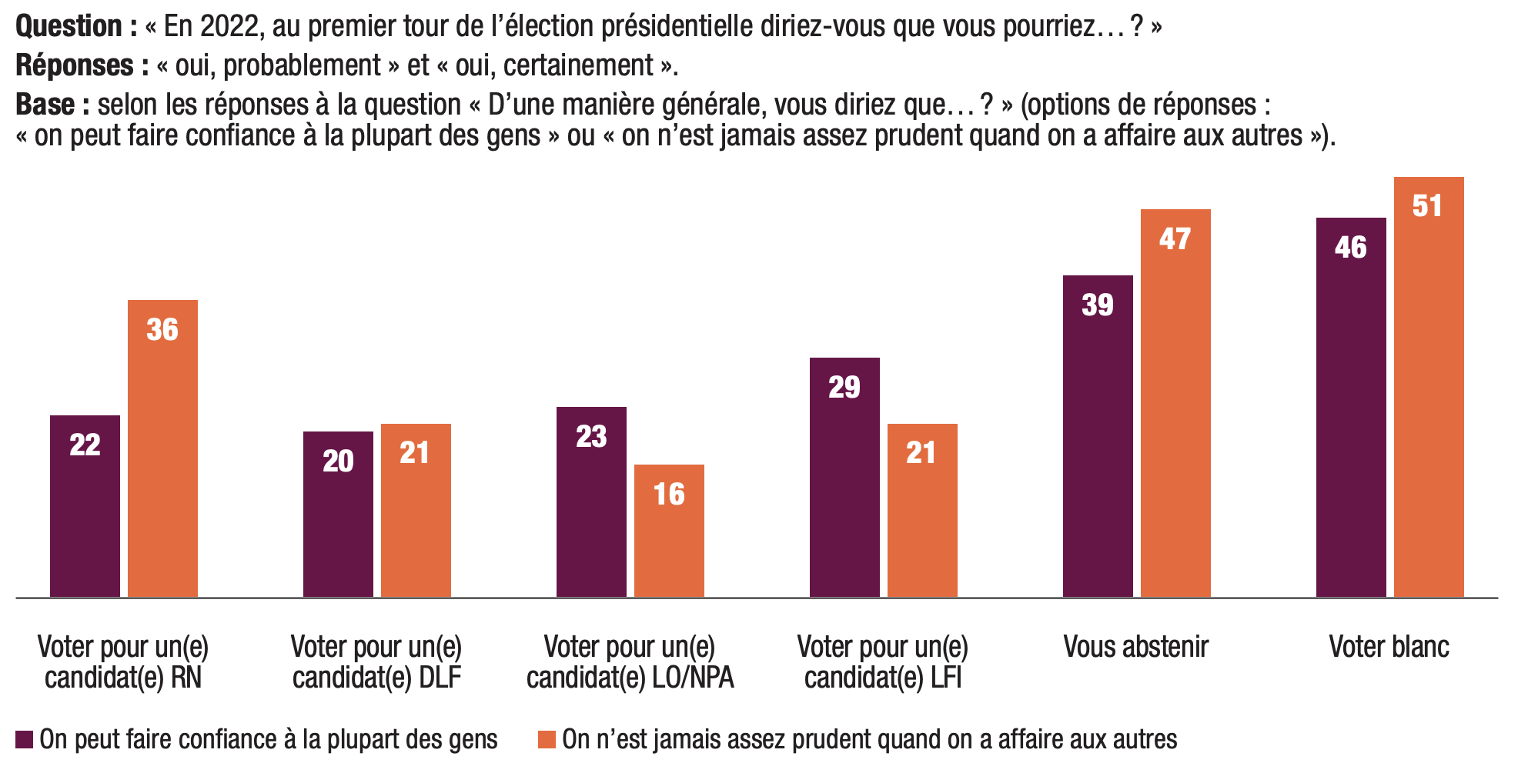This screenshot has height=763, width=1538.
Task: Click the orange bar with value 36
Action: pos(162,448)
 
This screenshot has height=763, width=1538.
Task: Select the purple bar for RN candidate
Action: pos(85,505)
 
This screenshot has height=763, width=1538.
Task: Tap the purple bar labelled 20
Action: pos(338,514)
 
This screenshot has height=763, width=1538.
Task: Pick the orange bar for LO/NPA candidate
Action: pos(669,530)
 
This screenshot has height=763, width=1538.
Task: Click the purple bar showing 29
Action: pos(844,477)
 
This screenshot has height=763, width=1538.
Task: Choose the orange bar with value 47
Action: pos(1175,402)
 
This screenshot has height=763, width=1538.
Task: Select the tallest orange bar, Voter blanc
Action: pos(1429,386)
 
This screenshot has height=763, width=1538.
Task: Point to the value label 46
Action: pos(1351,248)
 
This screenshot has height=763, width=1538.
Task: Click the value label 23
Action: pos(591,437)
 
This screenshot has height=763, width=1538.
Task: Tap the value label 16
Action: pos(669,495)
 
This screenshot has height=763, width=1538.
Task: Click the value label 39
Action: pos(1098,305)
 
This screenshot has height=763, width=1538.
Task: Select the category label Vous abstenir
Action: pos(1135,647)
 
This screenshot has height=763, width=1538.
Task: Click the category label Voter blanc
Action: pos(1389,647)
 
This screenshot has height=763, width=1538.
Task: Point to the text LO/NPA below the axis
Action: pos(693,678)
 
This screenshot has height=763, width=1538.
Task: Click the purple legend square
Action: pos(25,740)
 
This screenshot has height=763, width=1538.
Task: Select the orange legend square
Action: pos(547,740)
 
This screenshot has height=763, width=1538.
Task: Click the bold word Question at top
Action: pos(69,26)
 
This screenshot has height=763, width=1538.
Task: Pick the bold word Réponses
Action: pos(75,65)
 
